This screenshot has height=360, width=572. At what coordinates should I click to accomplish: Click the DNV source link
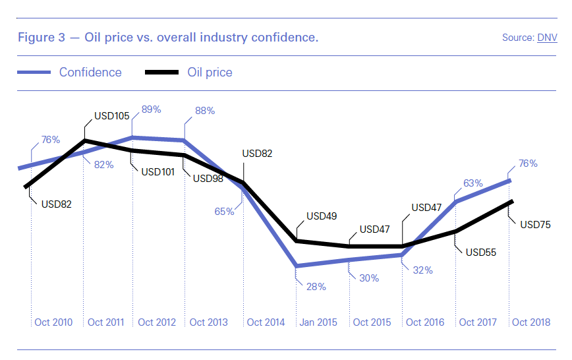547,38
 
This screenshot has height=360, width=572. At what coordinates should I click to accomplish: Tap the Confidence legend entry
90,73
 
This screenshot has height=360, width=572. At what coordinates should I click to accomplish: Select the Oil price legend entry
210,73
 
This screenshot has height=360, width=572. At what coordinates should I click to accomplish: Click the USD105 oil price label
113,115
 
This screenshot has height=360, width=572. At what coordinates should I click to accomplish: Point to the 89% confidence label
152,109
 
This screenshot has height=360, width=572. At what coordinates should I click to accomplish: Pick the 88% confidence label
204,111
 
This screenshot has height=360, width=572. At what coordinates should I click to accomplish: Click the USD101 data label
157,173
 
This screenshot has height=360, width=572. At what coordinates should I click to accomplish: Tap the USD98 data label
208,178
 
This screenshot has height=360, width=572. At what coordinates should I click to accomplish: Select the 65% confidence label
224,212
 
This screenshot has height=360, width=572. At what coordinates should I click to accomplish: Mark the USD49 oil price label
322,216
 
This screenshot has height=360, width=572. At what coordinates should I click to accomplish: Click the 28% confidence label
316,287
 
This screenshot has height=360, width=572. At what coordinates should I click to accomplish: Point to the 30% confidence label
369,278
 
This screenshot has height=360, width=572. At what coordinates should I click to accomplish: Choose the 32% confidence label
422,270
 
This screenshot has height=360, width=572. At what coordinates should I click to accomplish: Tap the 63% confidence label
473,183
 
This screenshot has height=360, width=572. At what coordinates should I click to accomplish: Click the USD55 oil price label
481,252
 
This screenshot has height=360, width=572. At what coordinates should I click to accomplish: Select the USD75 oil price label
536,224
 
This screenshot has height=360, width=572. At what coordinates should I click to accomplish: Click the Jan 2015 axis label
318,322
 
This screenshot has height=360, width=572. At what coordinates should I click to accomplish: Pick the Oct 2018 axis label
531,322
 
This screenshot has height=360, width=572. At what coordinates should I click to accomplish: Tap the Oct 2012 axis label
157,322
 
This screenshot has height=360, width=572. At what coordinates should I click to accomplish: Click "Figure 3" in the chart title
41,38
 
